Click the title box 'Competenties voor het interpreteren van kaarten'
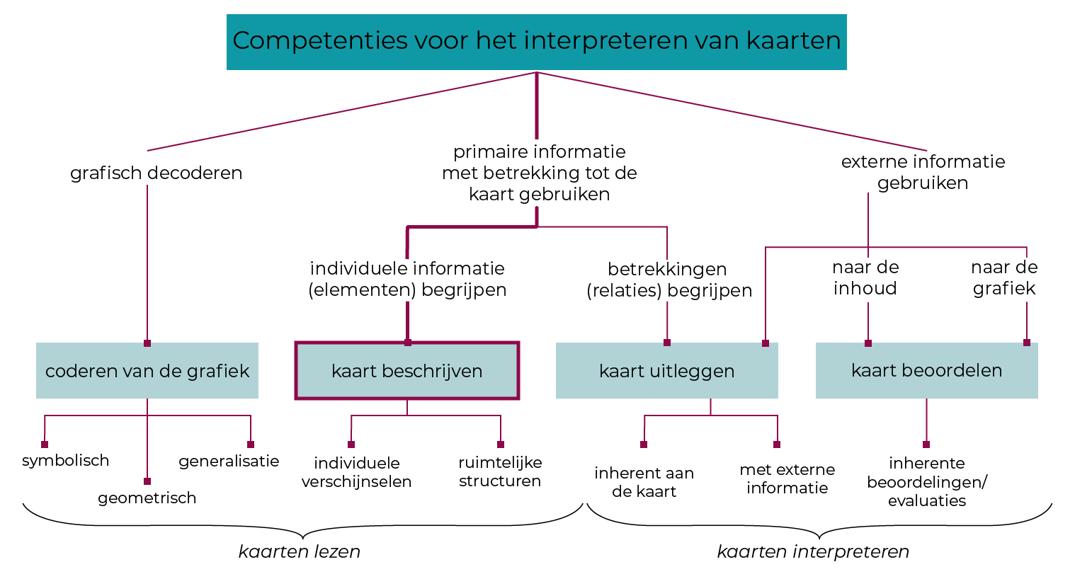point(536,41)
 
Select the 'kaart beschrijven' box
point(407,371)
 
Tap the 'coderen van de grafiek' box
point(147,371)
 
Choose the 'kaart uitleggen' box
point(666,371)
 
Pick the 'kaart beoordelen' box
point(926,370)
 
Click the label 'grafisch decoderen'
point(156,173)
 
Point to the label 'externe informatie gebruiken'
point(923,172)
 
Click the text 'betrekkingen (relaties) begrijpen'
point(669,280)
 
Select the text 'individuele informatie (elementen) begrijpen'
point(407,279)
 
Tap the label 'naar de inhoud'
point(865,277)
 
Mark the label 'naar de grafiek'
point(1004,277)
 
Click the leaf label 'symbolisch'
point(66,461)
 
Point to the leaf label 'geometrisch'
point(147,498)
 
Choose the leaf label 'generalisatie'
point(229,462)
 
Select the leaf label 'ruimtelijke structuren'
point(500,471)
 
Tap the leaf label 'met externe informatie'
point(787,478)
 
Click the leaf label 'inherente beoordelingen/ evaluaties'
point(926,481)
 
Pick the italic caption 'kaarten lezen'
point(300,551)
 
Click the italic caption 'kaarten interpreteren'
point(813,551)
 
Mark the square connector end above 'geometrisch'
point(147,481)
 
